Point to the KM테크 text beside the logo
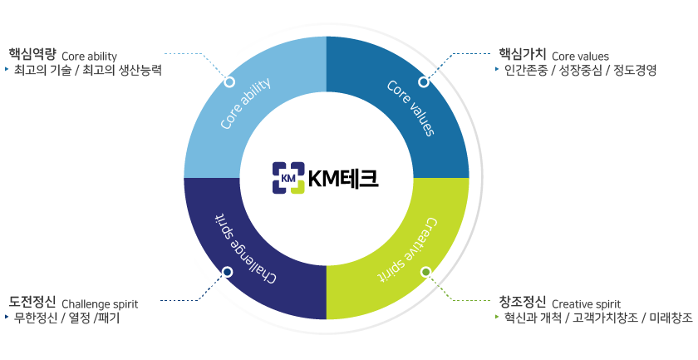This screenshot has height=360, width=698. (x=342, y=177)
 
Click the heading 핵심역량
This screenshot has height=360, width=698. (x=32, y=55)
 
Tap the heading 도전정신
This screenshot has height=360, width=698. (x=32, y=302)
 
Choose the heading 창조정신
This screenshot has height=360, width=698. (x=522, y=302)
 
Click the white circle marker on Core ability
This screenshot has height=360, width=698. (x=229, y=82)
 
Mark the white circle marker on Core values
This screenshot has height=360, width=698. (x=424, y=82)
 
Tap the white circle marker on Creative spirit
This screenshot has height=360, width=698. (x=425, y=272)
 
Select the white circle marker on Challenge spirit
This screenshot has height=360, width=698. (x=228, y=272)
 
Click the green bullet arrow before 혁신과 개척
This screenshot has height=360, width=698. (x=497, y=318)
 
